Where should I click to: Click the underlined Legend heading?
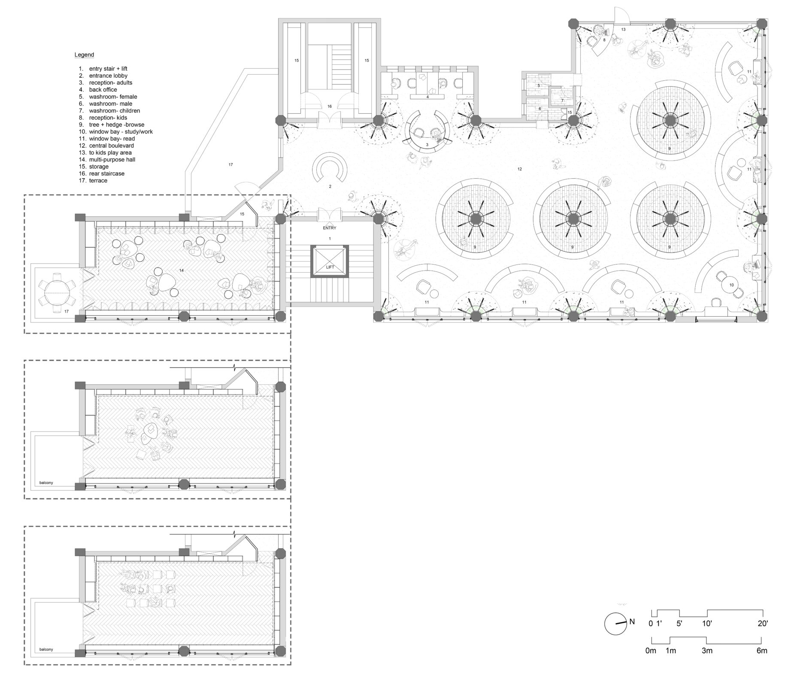coord(84,55)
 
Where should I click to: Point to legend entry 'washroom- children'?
coord(114,111)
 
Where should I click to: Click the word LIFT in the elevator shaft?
coord(330,267)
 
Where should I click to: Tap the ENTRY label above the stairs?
coord(330,228)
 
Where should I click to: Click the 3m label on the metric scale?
coord(707,651)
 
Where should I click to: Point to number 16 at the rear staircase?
coord(330,106)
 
